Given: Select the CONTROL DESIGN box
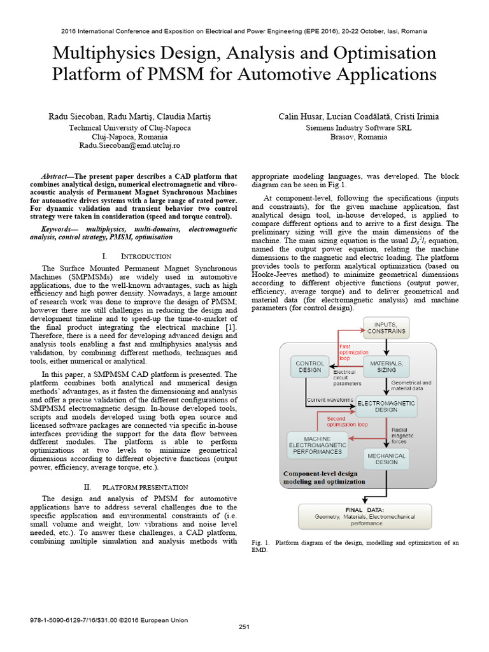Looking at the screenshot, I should tap(309, 366).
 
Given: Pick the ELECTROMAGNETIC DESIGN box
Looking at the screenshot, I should tap(386, 406).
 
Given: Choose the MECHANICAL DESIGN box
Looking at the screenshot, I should tap(386, 458).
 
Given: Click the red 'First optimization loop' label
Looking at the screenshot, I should tap(353, 351).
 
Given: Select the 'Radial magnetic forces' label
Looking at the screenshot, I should tap(402, 436).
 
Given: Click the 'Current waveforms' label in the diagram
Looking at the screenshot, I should tap(330, 400).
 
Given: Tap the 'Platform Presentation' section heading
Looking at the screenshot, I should tap(146, 486).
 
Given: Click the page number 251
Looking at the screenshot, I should tap(244, 627).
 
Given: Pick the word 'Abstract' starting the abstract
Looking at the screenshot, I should tap(57, 176).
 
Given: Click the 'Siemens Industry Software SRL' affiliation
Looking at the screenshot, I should tap(358, 127).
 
